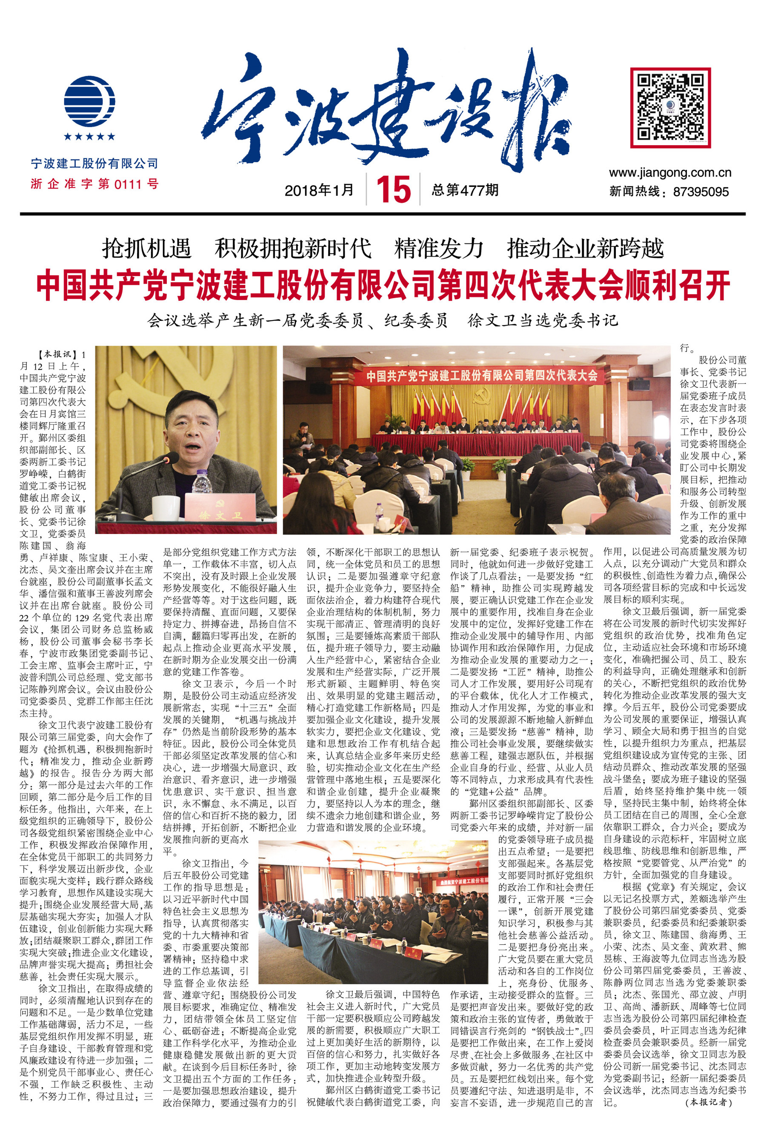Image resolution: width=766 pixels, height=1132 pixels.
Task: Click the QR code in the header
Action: (x=670, y=107)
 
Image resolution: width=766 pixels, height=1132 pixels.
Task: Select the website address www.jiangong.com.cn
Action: (x=669, y=172)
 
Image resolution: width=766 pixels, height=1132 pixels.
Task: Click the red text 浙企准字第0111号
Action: (x=94, y=184)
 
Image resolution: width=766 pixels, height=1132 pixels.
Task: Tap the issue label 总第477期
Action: (x=465, y=189)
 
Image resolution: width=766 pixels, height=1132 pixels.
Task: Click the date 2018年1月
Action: (x=320, y=190)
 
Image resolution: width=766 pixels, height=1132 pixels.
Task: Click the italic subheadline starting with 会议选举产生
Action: (x=383, y=320)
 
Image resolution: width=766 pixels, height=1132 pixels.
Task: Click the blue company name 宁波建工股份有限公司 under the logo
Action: (x=94, y=164)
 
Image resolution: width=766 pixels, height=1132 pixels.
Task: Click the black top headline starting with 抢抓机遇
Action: (x=383, y=249)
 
